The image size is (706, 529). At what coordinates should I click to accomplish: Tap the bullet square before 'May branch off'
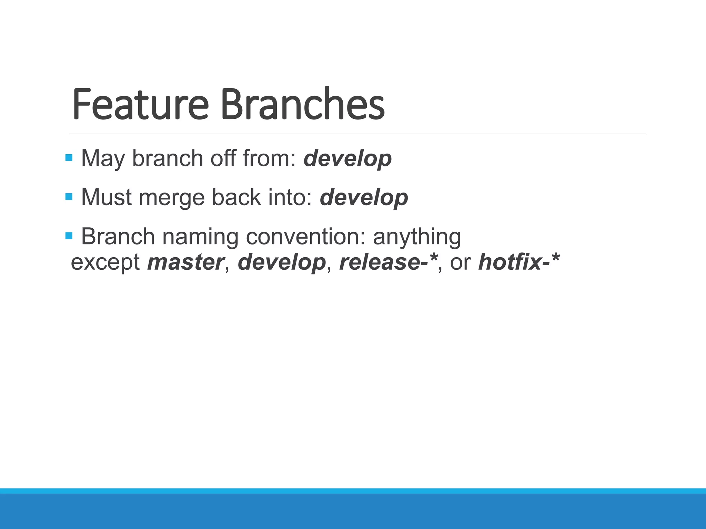coord(69,158)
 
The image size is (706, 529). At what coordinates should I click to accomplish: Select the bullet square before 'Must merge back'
coord(69,197)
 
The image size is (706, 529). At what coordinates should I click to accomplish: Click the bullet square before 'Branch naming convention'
coord(69,236)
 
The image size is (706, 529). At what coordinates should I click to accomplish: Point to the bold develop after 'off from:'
coord(347,159)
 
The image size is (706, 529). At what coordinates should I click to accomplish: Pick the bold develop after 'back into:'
coord(364,198)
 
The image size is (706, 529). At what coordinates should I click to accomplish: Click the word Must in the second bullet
coord(106,198)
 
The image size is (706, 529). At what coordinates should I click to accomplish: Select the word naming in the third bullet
coord(200,238)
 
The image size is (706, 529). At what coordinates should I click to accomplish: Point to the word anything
coord(417,238)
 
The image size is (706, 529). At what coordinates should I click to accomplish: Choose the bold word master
coord(186,262)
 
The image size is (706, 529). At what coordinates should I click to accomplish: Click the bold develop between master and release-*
coord(282,263)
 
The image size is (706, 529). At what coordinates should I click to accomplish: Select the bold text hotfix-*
coord(519,262)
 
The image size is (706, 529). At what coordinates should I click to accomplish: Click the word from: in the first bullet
coord(269,159)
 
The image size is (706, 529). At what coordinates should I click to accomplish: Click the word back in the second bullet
coord(236,198)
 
